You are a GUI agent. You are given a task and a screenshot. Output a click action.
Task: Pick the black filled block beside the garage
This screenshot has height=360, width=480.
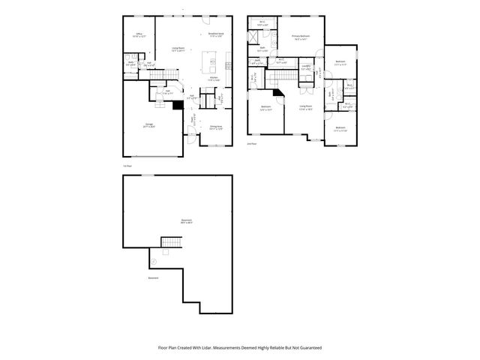coord(176,106)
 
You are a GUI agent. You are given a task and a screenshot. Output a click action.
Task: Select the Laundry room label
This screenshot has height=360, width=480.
coord(306,67)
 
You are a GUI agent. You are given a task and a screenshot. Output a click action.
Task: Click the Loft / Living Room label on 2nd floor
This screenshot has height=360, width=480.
coord(305,107)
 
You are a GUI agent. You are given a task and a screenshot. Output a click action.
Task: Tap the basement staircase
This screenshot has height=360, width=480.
coord(172,243)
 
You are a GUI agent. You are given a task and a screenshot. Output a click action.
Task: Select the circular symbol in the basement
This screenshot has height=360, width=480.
coord(154,260)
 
